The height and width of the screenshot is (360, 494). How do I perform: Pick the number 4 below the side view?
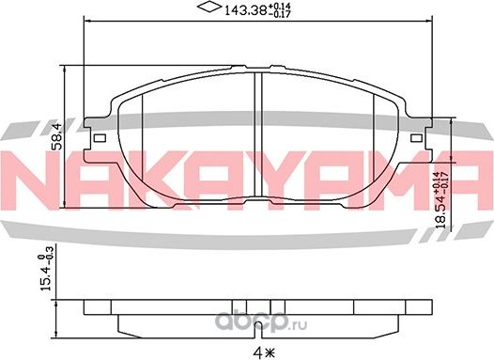coord(252,352)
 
